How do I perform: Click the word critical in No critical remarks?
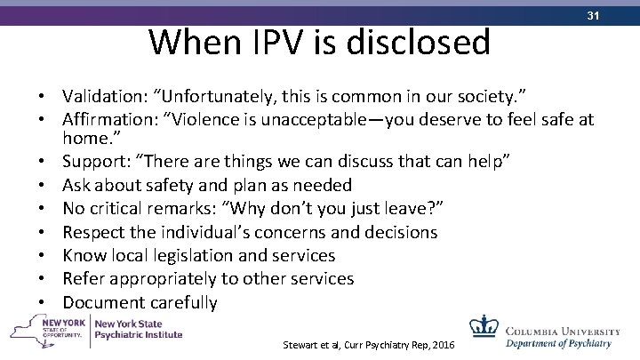click(x=120, y=209)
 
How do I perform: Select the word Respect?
click(x=92, y=232)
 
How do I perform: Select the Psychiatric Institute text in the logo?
click(x=140, y=335)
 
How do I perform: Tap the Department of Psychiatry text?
click(x=558, y=341)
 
